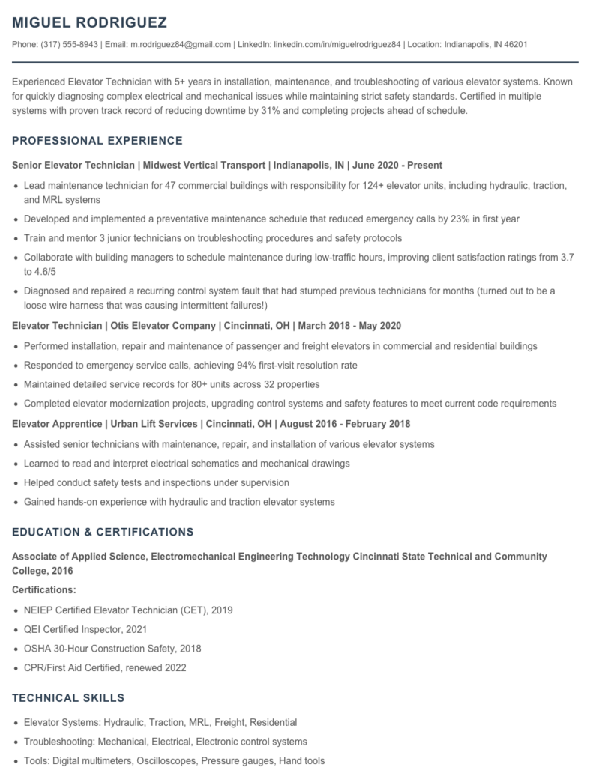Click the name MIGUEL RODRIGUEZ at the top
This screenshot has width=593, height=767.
pos(90,22)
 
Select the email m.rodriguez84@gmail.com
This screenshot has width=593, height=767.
pos(181,45)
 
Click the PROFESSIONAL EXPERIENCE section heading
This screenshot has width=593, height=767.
pos(97,141)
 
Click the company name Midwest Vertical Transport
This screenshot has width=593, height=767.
pos(205,165)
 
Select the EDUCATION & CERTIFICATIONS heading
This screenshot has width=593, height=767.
pos(103,532)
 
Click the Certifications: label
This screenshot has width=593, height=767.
pos(44,590)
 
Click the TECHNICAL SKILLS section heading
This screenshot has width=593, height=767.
pos(68,698)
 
